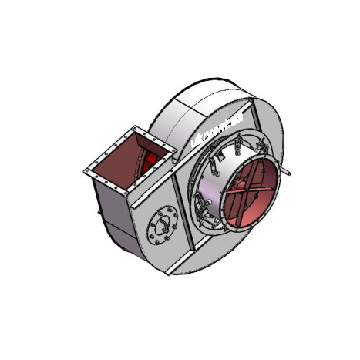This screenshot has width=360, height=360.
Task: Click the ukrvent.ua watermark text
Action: (217, 128)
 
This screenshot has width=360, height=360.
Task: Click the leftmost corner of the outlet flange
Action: (85, 170)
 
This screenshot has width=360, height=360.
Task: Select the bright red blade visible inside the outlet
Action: (154, 162)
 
